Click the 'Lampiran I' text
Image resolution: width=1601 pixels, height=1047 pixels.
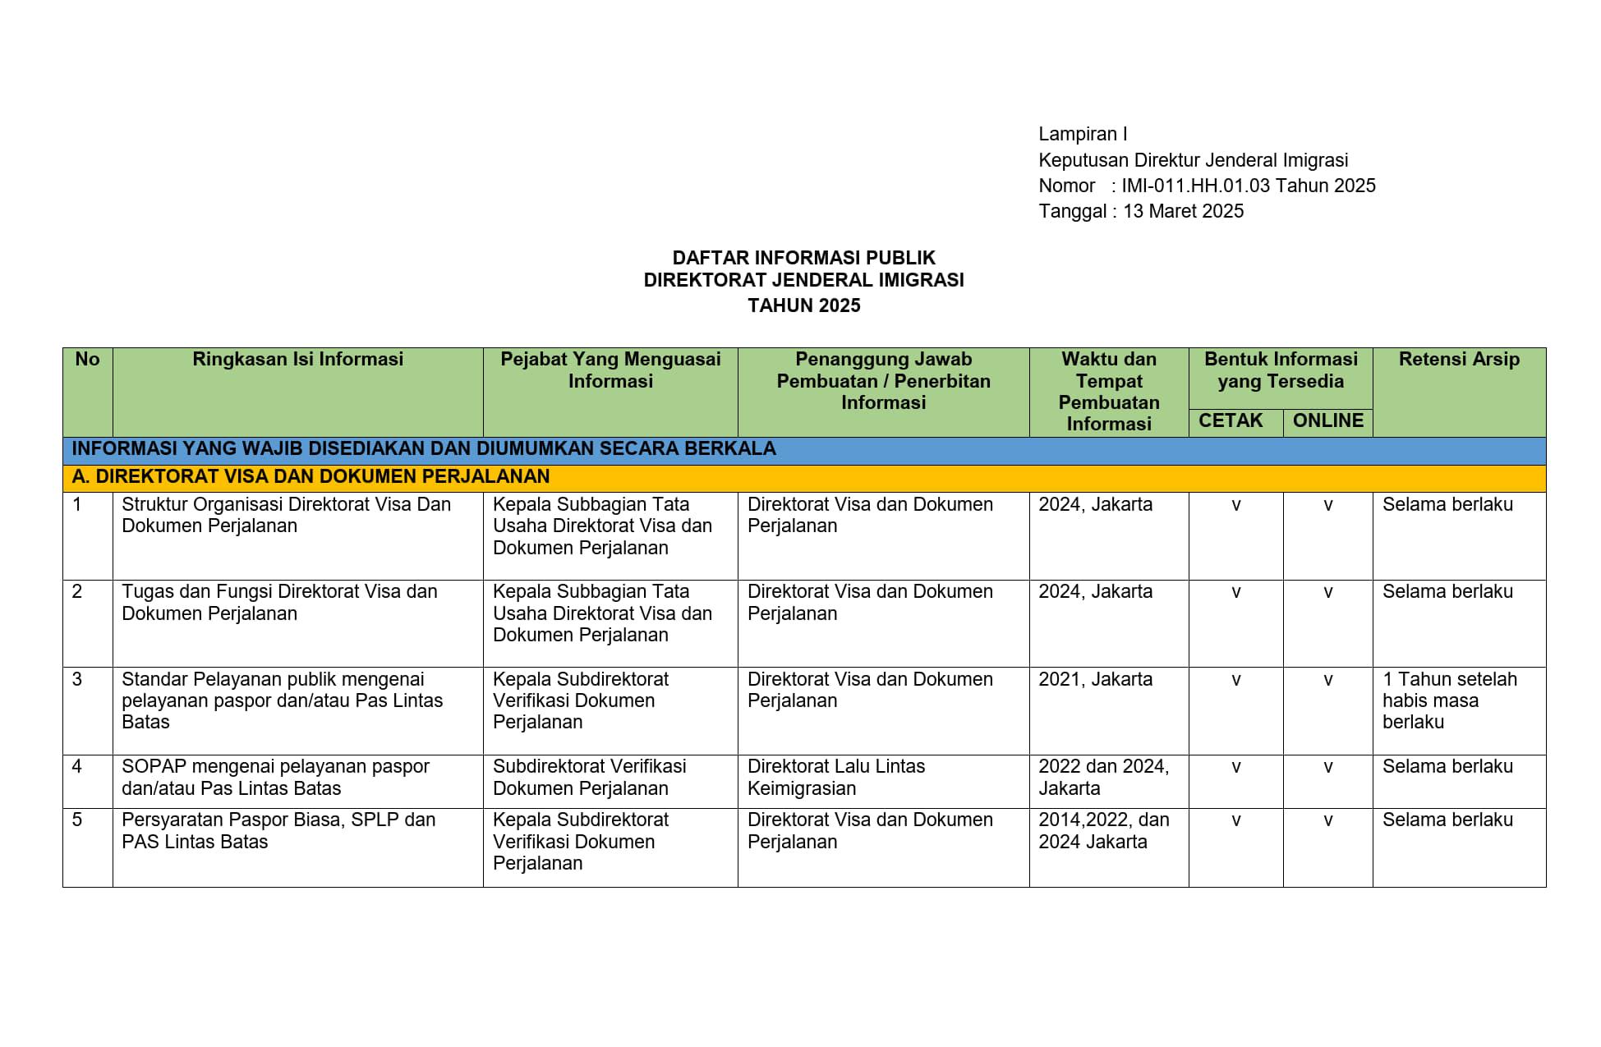point(1083,134)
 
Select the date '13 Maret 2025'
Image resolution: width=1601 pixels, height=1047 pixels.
point(1183,211)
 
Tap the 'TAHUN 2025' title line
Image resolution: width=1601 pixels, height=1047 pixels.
point(803,305)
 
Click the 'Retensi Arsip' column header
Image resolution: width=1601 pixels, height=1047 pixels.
point(1459,359)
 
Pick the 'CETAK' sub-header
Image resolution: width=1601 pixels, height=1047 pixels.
point(1231,420)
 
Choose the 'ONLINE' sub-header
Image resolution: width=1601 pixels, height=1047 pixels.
point(1327,420)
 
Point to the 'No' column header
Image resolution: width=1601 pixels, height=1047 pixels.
point(87,359)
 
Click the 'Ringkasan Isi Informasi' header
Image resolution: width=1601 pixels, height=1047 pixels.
point(297,359)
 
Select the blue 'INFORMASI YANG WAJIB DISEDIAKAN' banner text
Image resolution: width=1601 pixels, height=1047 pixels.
point(424,448)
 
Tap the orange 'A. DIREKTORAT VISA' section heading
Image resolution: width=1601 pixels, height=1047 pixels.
point(311,476)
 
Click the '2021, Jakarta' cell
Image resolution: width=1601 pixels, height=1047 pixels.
point(1095,679)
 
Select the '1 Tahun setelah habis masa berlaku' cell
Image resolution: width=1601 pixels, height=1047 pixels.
point(1449,700)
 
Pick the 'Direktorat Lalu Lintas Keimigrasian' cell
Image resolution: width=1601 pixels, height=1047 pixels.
point(835,777)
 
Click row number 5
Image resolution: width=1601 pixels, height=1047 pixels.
point(77,820)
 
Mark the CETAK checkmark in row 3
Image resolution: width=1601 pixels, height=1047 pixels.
point(1235,680)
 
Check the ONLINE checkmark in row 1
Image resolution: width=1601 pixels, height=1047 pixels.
point(1327,505)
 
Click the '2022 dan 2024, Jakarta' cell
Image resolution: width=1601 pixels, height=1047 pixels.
point(1102,777)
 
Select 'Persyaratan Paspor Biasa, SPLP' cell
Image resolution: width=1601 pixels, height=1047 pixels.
point(278,830)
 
